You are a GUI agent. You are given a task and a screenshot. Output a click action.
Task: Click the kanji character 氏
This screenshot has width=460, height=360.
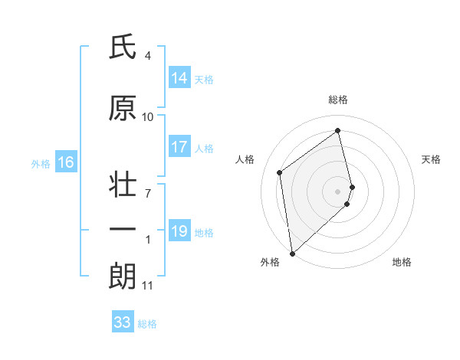[123, 47]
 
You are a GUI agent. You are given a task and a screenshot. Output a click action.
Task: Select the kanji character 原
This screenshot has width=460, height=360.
[123, 109]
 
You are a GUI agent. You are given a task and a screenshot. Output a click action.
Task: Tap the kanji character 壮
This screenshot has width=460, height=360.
[123, 186]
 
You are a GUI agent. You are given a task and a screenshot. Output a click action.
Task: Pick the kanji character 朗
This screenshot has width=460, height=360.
[123, 277]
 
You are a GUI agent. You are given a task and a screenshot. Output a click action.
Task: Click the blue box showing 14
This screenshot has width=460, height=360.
[179, 78]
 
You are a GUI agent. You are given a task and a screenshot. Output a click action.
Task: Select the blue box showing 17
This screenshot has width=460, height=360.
[179, 147]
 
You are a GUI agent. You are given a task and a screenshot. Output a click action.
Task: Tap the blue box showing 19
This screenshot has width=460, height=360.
[179, 231]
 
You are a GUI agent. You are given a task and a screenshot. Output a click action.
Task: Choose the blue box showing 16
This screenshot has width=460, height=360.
[65, 162]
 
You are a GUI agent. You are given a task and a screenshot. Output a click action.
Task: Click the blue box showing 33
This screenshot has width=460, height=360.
[123, 322]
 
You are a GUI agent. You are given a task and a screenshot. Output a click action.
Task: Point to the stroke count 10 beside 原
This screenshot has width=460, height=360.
[148, 117]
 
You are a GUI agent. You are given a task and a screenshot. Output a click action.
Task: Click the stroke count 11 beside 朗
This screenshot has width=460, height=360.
[148, 286]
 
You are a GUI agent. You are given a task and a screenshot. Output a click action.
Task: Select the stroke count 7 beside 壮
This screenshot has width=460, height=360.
[148, 193]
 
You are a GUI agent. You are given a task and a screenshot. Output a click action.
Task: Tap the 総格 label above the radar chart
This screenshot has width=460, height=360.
[338, 100]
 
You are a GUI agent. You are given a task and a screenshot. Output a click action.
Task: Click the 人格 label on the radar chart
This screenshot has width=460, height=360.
[245, 159]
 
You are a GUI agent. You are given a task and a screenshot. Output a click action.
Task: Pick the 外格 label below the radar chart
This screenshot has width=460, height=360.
[270, 263]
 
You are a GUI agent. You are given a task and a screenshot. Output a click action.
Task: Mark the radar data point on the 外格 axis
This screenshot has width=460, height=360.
[292, 253]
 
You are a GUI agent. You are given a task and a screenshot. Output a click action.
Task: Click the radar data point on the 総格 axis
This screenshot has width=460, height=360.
[338, 131]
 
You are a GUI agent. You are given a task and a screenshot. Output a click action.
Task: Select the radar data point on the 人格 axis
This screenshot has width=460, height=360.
[280, 172]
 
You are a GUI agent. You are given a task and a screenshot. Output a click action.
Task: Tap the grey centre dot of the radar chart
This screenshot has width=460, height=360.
[338, 191]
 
